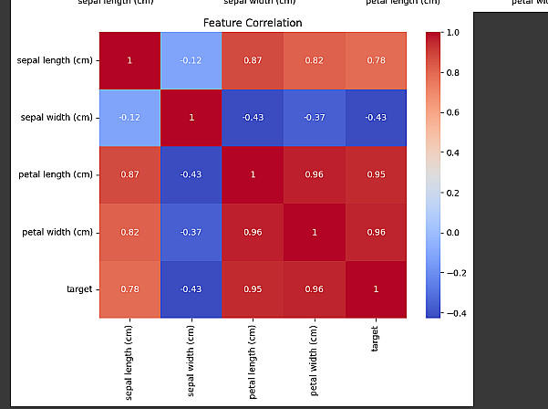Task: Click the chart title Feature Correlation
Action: click(253, 22)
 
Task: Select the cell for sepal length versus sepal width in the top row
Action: click(191, 60)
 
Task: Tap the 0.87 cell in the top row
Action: click(253, 60)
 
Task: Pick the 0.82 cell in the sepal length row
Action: click(314, 60)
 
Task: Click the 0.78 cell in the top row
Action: click(375, 60)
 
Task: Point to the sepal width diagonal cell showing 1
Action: click(191, 118)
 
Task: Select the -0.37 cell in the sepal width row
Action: click(314, 118)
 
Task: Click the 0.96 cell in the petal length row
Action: click(314, 174)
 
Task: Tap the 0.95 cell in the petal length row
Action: click(375, 174)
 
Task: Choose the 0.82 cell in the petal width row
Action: click(129, 232)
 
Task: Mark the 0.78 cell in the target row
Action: click(129, 289)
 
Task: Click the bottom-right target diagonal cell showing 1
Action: click(375, 289)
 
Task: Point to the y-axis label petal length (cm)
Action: click(56, 174)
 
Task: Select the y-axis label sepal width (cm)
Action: click(56, 118)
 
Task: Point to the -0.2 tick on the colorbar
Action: click(456, 272)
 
